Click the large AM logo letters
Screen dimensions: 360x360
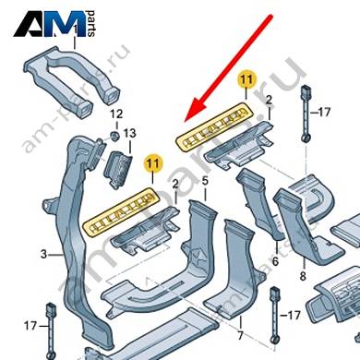click(49, 24)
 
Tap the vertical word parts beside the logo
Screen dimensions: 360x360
click(90, 24)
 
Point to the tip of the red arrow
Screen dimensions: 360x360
click(186, 120)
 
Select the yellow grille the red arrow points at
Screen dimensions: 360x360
click(214, 126)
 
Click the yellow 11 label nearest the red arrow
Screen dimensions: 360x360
click(246, 79)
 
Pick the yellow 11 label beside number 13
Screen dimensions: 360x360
click(153, 163)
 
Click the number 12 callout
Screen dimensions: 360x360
click(116, 114)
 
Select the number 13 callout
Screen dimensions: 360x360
click(129, 134)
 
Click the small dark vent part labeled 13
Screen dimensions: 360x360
click(118, 169)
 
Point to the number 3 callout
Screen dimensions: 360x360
click(43, 255)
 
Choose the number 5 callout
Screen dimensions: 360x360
click(205, 181)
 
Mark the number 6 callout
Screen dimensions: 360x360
click(275, 261)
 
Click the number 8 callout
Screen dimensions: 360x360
click(303, 276)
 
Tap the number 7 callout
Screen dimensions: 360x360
click(240, 335)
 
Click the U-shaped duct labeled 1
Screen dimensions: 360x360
click(71, 77)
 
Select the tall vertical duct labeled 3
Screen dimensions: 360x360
click(80, 240)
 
